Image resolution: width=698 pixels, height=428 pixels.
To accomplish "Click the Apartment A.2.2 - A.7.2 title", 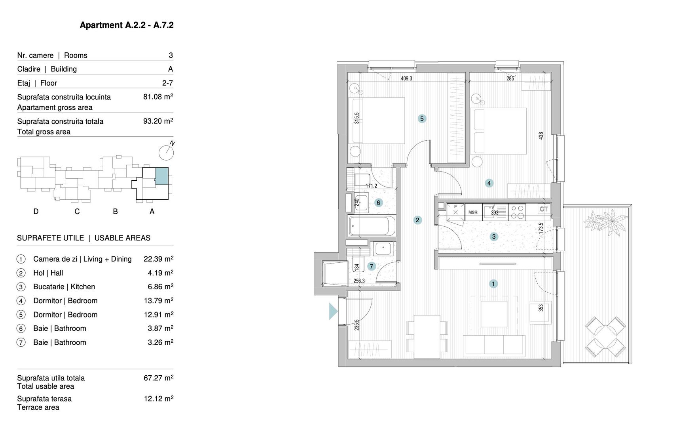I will pos(127,25).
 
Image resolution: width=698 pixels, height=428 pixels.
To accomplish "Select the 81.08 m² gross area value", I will pos(158,97).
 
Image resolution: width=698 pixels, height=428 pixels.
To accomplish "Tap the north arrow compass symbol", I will pos(166,152).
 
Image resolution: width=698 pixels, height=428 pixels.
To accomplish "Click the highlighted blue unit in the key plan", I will pos(161,176).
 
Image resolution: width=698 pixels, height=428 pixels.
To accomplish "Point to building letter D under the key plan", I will pos(36,212).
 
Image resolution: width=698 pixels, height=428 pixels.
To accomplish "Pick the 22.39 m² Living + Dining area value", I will pos(158,259).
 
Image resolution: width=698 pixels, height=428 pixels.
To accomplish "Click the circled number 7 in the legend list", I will pos(21,342).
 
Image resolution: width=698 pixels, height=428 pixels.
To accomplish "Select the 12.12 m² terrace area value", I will pos(158,399).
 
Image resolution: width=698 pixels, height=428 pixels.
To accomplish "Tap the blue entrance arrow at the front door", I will pos(333,311).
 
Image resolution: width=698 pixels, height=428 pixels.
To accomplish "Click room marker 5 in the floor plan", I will pos(422,118).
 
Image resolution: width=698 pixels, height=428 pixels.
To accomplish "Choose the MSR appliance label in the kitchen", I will pos(473,212).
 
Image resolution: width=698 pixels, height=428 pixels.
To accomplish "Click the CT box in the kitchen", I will pos(544,209).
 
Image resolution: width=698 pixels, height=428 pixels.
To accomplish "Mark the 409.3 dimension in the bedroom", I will pos(406,78).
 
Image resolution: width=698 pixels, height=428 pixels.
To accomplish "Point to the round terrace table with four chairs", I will pos(605,336).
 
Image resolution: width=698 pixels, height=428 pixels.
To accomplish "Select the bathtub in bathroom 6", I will pos(372,226).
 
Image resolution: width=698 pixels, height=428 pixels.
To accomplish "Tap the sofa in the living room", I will pos(494,345).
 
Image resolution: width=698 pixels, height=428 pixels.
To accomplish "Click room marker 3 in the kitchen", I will pos(493,237).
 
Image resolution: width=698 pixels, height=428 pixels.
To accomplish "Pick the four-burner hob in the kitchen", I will pos(517,212).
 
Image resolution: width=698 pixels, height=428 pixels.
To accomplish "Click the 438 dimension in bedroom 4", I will pos(541,136).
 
